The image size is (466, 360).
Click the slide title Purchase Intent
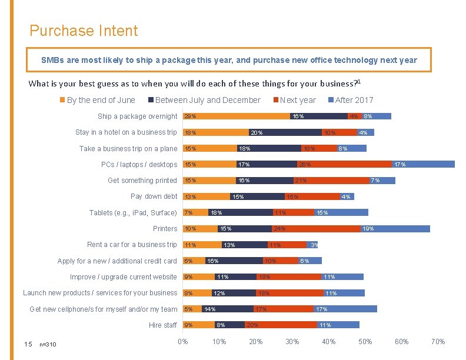tap(84, 31)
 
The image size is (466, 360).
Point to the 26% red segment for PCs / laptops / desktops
tap(344, 164)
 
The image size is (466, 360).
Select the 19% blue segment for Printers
tap(395, 229)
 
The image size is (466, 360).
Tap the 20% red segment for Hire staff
tap(281, 325)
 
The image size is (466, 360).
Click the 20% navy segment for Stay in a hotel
tap(285, 132)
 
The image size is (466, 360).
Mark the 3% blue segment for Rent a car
tap(312, 245)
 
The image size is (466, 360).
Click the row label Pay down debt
tap(154, 196)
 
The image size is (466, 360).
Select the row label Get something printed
tap(142, 181)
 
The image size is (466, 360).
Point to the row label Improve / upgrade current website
tap(123, 277)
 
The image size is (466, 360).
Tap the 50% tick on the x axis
tap(365, 342)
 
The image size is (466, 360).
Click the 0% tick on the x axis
tap(183, 342)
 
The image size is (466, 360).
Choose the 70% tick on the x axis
tap(438, 342)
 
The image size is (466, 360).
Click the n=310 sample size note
tap(48, 344)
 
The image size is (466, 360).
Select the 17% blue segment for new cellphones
tap(345, 309)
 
